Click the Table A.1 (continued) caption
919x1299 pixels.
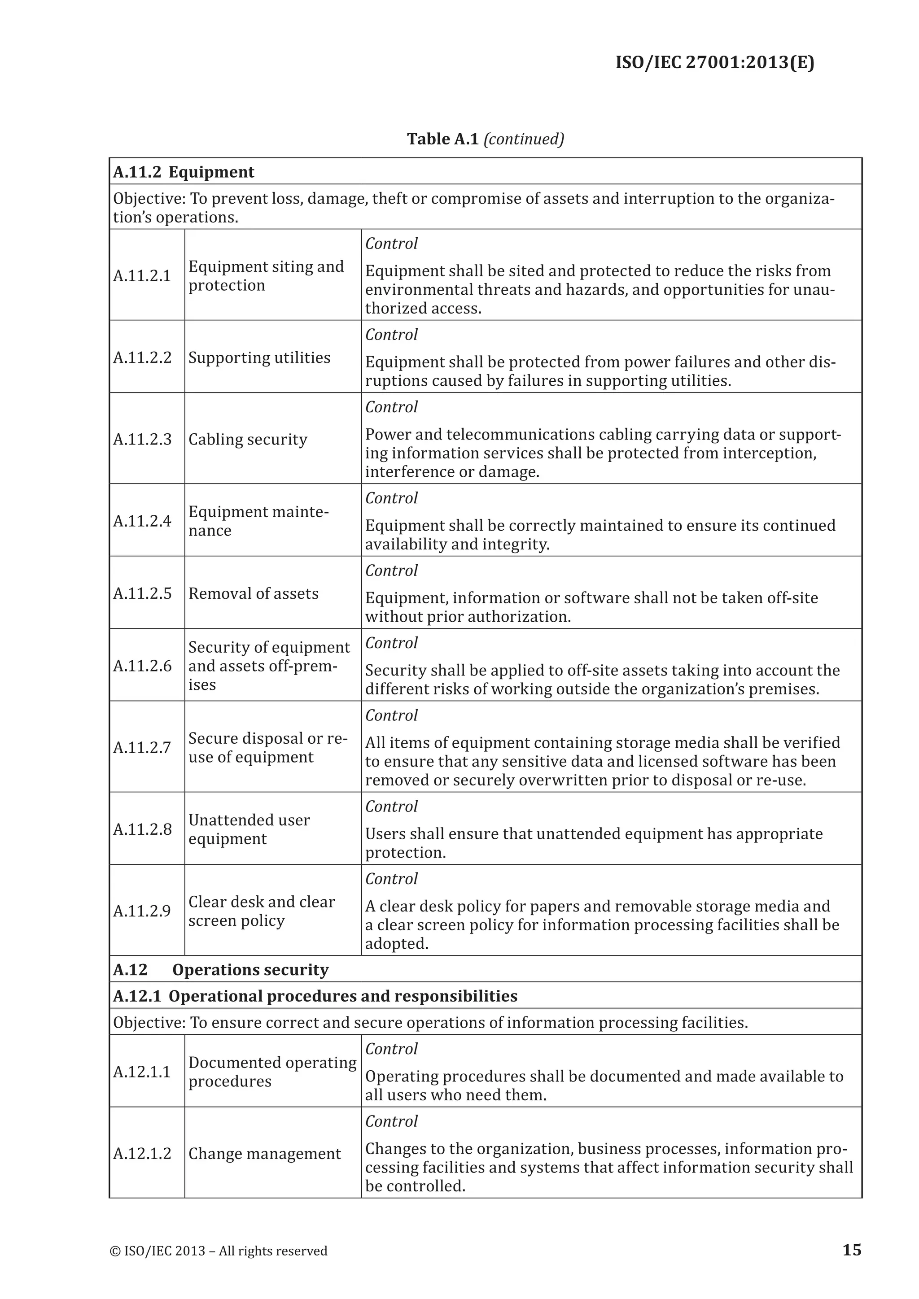point(485,139)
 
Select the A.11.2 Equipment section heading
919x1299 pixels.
point(184,172)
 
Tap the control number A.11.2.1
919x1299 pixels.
point(142,275)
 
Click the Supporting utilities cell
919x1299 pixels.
point(259,357)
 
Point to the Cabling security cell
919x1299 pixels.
point(248,439)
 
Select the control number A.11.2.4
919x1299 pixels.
point(142,520)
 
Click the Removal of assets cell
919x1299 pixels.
point(254,593)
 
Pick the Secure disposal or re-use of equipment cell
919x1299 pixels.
point(267,747)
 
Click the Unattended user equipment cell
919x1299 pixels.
point(249,829)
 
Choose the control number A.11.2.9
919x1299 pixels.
point(142,911)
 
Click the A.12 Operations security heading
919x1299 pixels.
point(221,970)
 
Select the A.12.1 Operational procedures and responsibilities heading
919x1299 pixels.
point(315,996)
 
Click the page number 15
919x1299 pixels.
point(852,1250)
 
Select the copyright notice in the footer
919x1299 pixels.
point(219,1251)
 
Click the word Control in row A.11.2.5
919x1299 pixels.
point(391,570)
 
